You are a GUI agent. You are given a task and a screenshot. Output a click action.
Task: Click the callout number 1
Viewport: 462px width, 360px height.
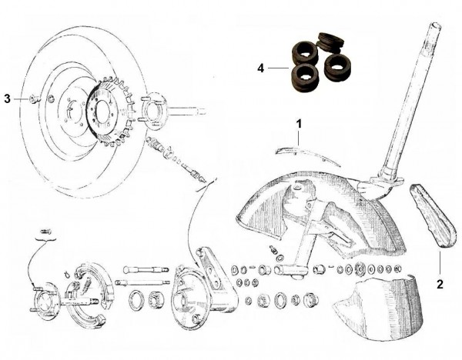pyautogui.click(x=300, y=122)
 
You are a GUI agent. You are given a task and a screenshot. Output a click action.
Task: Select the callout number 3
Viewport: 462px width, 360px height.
pyautogui.click(x=7, y=98)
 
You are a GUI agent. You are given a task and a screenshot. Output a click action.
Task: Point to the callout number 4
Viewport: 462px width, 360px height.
pyautogui.click(x=261, y=68)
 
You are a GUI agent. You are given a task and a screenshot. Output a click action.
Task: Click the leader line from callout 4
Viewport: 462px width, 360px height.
pyautogui.click(x=277, y=68)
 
